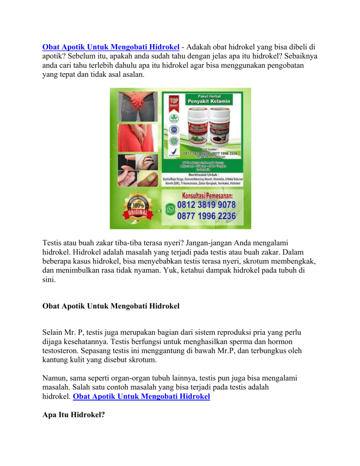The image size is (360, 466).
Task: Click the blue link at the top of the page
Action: [111, 47]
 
